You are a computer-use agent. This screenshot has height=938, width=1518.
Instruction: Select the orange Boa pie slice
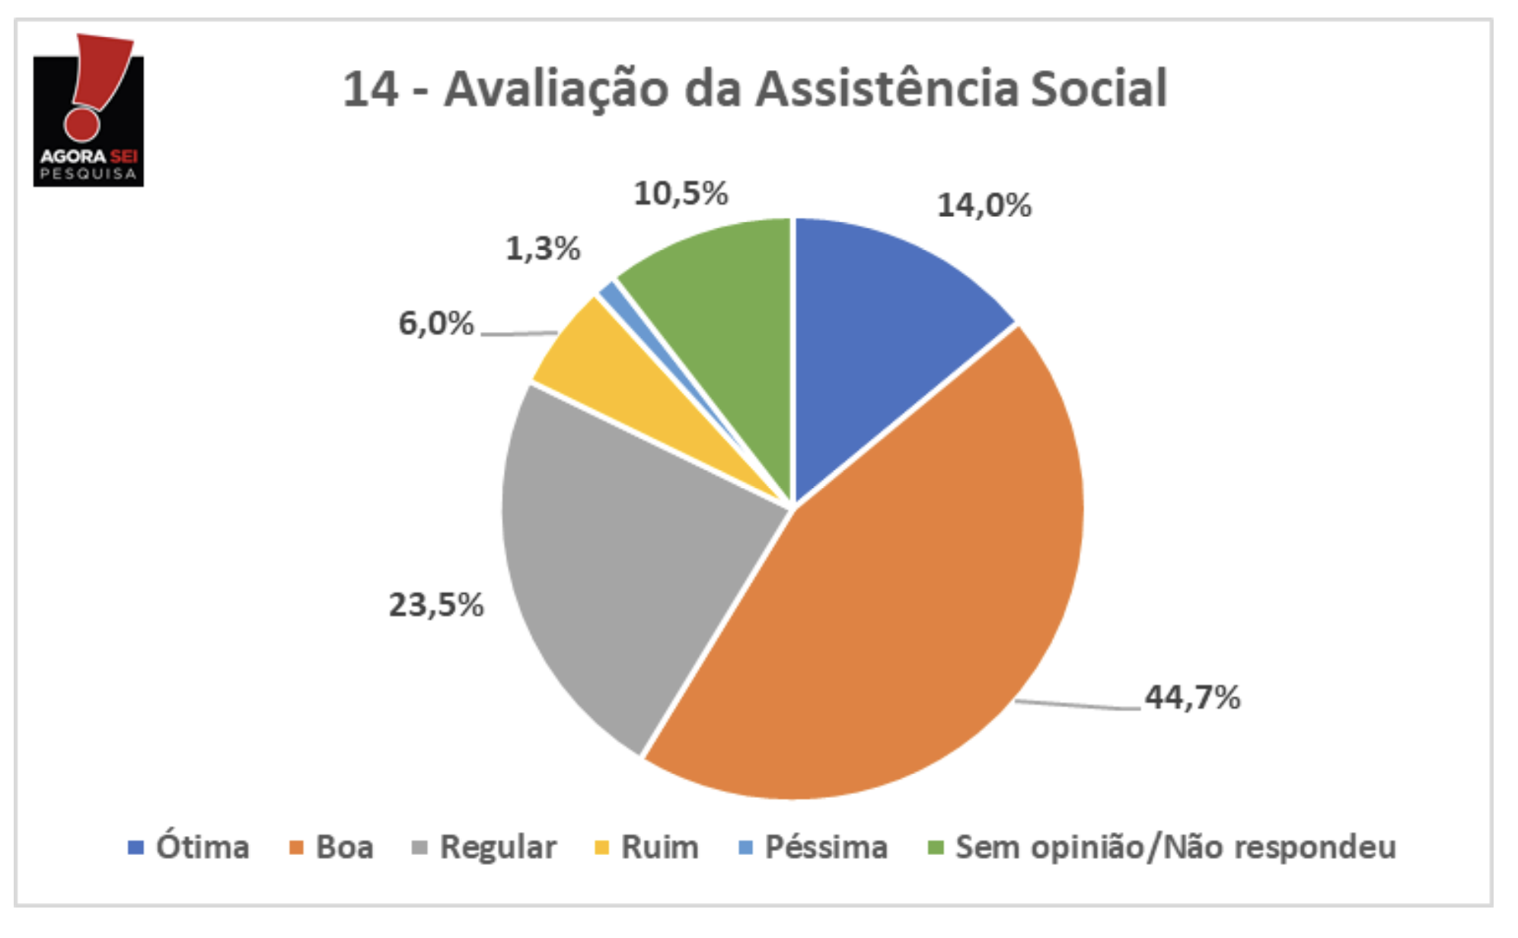(x=898, y=609)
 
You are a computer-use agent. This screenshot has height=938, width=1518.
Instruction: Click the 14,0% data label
(x=984, y=206)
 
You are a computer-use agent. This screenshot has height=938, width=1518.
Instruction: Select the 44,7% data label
(x=1192, y=697)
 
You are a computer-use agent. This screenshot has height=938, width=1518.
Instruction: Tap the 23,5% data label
(x=436, y=605)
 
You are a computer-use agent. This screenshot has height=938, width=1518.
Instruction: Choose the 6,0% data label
(x=436, y=324)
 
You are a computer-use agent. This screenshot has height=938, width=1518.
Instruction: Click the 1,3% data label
(x=543, y=248)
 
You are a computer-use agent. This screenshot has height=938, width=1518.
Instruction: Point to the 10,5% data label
(x=681, y=193)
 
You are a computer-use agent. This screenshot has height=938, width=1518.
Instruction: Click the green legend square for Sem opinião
(x=936, y=847)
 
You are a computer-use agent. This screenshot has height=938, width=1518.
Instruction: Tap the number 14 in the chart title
(x=371, y=89)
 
